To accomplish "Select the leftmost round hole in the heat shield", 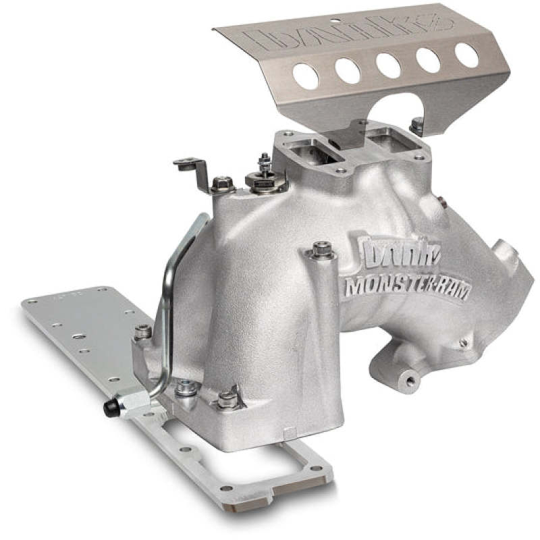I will [x=305, y=76].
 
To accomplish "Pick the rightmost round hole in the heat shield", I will [x=466, y=55].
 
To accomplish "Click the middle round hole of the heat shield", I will [x=387, y=65].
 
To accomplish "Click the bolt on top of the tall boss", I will [x=321, y=248].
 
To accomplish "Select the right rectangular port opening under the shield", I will [x=383, y=140].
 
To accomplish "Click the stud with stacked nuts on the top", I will [x=264, y=171].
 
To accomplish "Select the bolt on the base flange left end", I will [x=142, y=331].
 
